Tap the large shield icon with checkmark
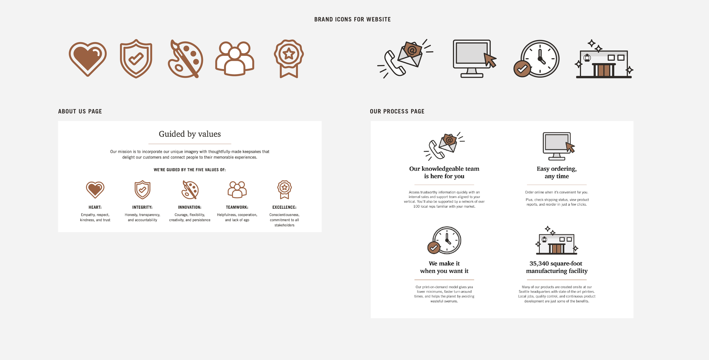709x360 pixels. (x=136, y=59)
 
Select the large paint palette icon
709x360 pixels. (x=185, y=59)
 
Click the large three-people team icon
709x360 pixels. (x=235, y=59)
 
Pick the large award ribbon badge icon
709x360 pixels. (x=289, y=59)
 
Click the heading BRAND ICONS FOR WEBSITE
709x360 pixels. (x=353, y=19)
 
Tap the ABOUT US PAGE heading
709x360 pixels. (x=80, y=111)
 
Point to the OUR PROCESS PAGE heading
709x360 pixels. (x=397, y=111)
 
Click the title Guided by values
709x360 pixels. (x=190, y=134)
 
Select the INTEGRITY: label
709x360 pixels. (x=142, y=207)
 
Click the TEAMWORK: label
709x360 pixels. (x=237, y=207)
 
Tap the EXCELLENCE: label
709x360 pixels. (x=284, y=207)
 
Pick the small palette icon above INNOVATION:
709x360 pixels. (x=190, y=190)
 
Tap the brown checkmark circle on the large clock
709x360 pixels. (x=522, y=69)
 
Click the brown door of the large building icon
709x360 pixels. (x=604, y=70)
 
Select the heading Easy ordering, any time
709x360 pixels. (x=557, y=172)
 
